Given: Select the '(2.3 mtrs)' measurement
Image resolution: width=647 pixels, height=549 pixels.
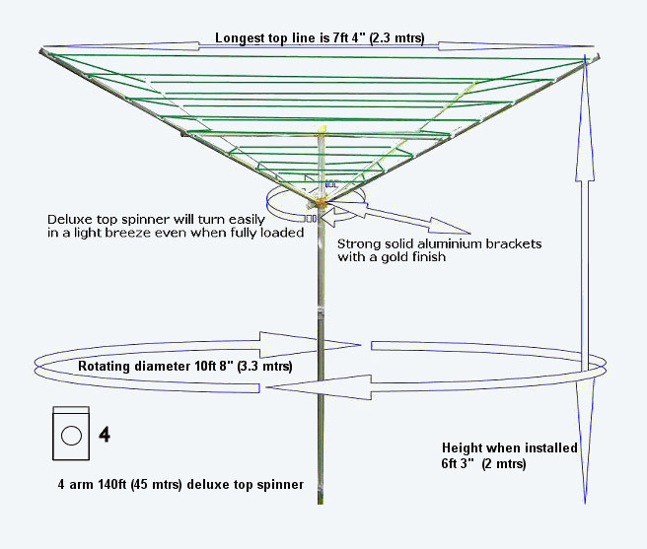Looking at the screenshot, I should coord(392,39).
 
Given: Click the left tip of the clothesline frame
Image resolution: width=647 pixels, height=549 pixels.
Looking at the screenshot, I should coord(42,50).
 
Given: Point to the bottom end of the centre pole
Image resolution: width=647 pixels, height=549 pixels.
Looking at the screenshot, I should coord(322,501).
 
